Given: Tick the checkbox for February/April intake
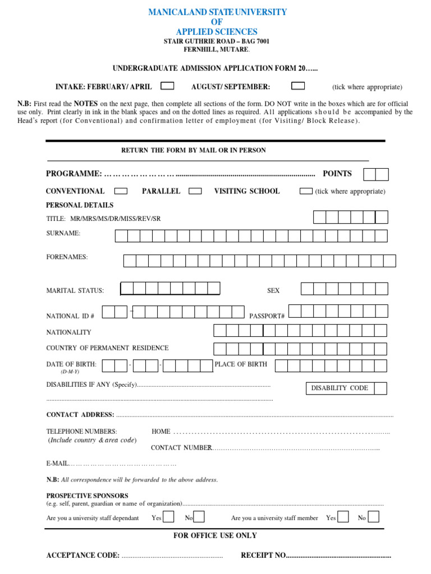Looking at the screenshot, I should click(167, 86).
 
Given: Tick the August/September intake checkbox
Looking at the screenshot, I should click(298, 86).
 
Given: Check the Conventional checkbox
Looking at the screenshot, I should click(121, 191).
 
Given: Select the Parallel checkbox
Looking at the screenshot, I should click(195, 191).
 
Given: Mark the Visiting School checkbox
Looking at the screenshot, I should click(306, 191).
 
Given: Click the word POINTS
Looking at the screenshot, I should click(337, 174).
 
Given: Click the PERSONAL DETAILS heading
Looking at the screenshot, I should click(80, 205).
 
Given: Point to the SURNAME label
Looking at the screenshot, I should click(63, 233).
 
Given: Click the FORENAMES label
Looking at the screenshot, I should click(67, 257).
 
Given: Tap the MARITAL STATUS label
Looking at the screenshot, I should click(75, 290).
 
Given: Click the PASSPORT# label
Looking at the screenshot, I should click(267, 316).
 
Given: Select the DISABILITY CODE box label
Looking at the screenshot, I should click(340, 388).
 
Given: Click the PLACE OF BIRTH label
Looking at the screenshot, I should click(241, 364).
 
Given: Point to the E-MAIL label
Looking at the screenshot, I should click(57, 464).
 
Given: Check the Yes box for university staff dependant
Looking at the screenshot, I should click(168, 517).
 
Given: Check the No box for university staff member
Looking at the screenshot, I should click(373, 517).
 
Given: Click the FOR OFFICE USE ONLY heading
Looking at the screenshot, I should click(215, 536).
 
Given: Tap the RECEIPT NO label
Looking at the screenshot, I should click(263, 556).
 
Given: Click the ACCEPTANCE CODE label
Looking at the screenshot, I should click(82, 556).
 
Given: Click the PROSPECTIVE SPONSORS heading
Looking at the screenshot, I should click(87, 496).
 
